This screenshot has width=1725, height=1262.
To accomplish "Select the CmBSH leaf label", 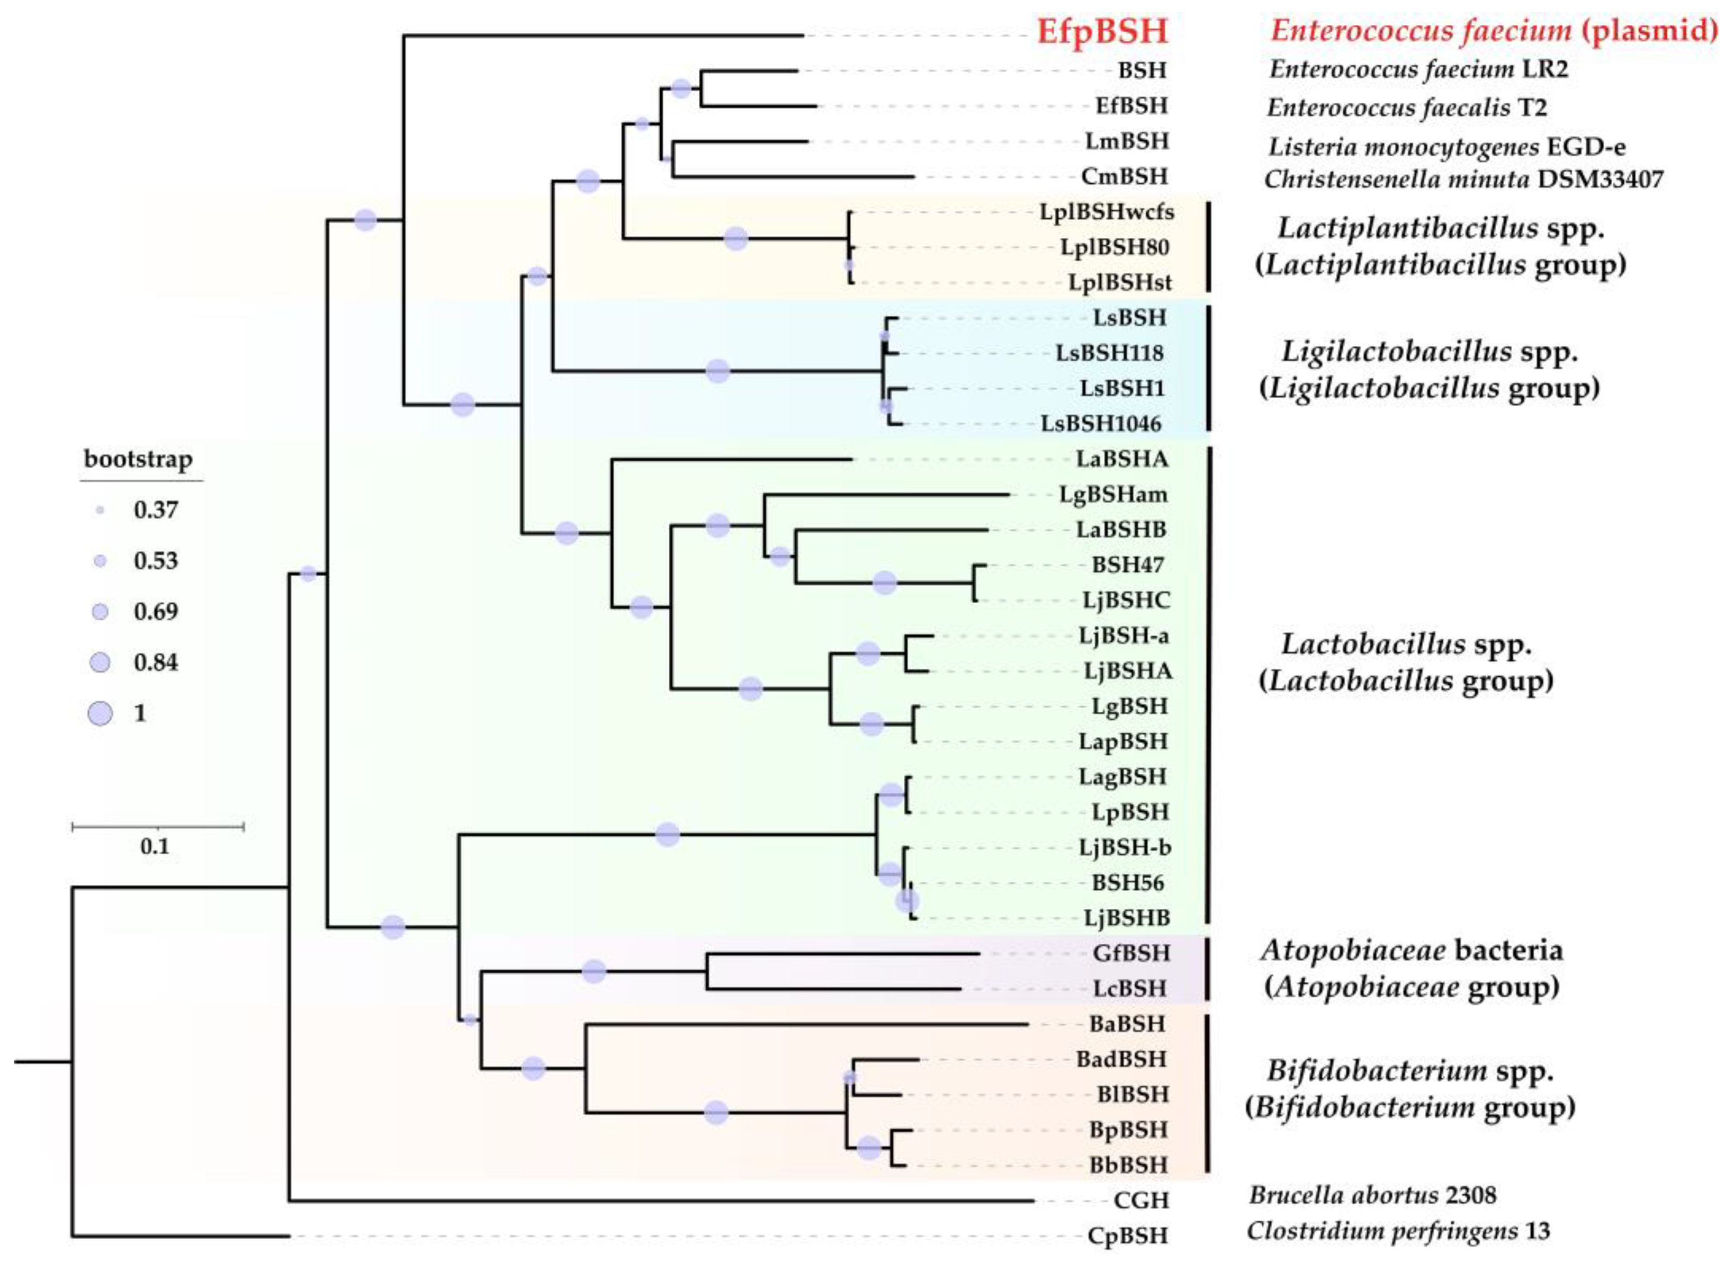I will pyautogui.click(x=1124, y=176).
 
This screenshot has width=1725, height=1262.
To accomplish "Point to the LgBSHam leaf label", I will pyautogui.click(x=1112, y=494).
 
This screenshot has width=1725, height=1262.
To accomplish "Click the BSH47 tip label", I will pyautogui.click(x=1127, y=565).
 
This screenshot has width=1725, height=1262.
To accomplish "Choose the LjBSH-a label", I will pyautogui.click(x=1124, y=636).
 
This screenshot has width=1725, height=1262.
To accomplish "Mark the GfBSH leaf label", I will pyautogui.click(x=1131, y=953).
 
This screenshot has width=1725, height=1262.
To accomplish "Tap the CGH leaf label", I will pyautogui.click(x=1141, y=1200).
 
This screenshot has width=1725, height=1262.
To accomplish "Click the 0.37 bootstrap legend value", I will pyautogui.click(x=156, y=509).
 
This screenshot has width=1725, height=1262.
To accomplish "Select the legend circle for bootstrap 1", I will pyautogui.click(x=100, y=713).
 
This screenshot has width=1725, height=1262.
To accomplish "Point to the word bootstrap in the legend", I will pyautogui.click(x=138, y=459).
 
